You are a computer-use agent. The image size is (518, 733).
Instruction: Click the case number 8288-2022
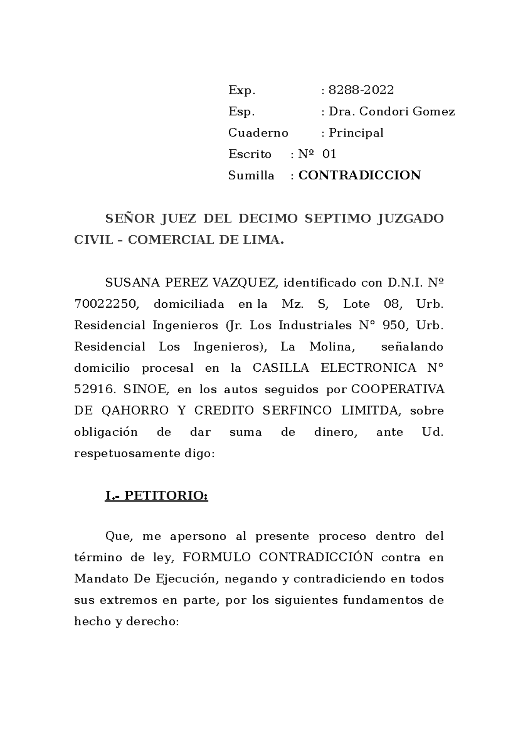361,90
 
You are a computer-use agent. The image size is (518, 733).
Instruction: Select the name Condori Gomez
407,112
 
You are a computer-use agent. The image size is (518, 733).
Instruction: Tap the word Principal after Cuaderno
356,133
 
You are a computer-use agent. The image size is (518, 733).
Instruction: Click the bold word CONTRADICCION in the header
360,175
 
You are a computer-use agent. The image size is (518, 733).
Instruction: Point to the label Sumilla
251,176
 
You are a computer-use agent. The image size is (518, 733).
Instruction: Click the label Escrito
250,154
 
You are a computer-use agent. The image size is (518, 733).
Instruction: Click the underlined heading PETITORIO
166,496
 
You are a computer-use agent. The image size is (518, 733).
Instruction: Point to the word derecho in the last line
152,622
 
